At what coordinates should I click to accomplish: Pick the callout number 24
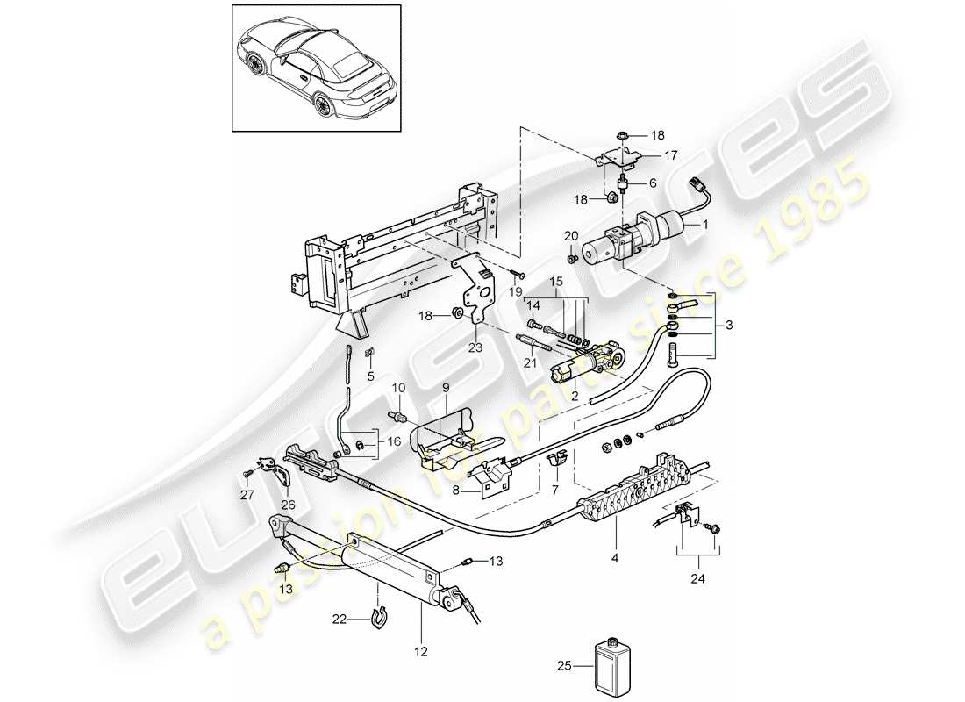pyautogui.click(x=698, y=578)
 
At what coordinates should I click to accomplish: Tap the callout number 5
pyautogui.click(x=371, y=376)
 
